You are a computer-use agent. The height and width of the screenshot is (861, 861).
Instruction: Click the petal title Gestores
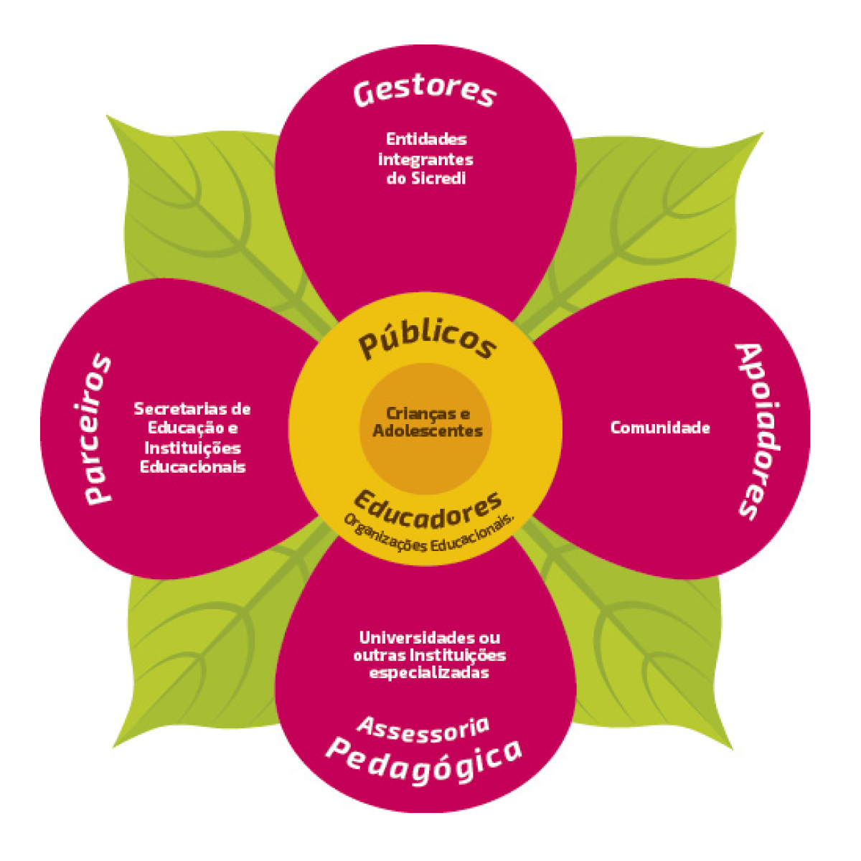tap(425, 92)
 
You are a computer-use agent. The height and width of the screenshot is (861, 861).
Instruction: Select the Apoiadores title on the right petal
tap(759, 430)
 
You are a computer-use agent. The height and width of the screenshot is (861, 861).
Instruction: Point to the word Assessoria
tap(423, 728)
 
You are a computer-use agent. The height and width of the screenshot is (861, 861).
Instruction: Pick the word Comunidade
tap(660, 428)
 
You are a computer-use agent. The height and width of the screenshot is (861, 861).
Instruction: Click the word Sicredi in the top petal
tap(438, 179)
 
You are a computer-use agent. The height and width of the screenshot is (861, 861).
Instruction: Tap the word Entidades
tap(426, 139)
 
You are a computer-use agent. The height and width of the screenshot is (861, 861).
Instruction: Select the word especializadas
tap(429, 673)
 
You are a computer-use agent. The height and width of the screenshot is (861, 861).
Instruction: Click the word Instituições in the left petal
tap(192, 448)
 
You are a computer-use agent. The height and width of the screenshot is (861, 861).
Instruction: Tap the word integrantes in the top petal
tap(425, 159)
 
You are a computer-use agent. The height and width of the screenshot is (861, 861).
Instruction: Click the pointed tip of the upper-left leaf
tap(108, 116)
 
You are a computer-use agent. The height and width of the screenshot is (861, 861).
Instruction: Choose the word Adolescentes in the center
tap(428, 431)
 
